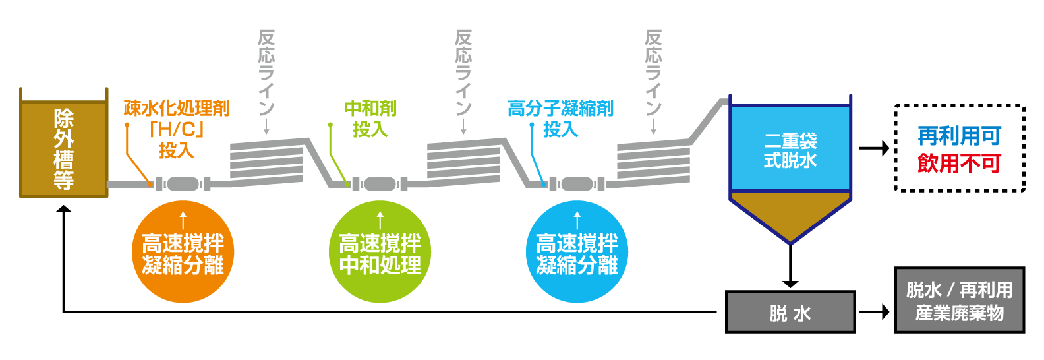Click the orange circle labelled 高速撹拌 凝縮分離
(x=183, y=253)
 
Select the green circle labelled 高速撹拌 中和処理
(x=380, y=253)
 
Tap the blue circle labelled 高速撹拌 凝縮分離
(x=577, y=253)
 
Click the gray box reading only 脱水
(x=790, y=312)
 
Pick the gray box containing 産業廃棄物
(x=960, y=300)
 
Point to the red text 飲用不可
(x=959, y=164)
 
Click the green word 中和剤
(x=370, y=108)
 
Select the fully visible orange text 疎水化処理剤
(x=177, y=108)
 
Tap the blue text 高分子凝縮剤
(x=560, y=108)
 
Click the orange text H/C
(x=177, y=129)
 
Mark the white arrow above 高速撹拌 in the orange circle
(x=183, y=220)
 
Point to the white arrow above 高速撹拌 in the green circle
(x=380, y=220)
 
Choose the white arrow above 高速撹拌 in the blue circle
(x=577, y=220)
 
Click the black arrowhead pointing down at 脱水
(x=790, y=284)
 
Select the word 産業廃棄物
(x=960, y=313)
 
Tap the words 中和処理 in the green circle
(x=380, y=265)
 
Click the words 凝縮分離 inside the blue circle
(x=577, y=265)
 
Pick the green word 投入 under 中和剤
(x=370, y=129)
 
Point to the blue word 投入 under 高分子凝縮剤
(x=560, y=129)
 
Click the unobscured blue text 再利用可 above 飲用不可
(x=959, y=136)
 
